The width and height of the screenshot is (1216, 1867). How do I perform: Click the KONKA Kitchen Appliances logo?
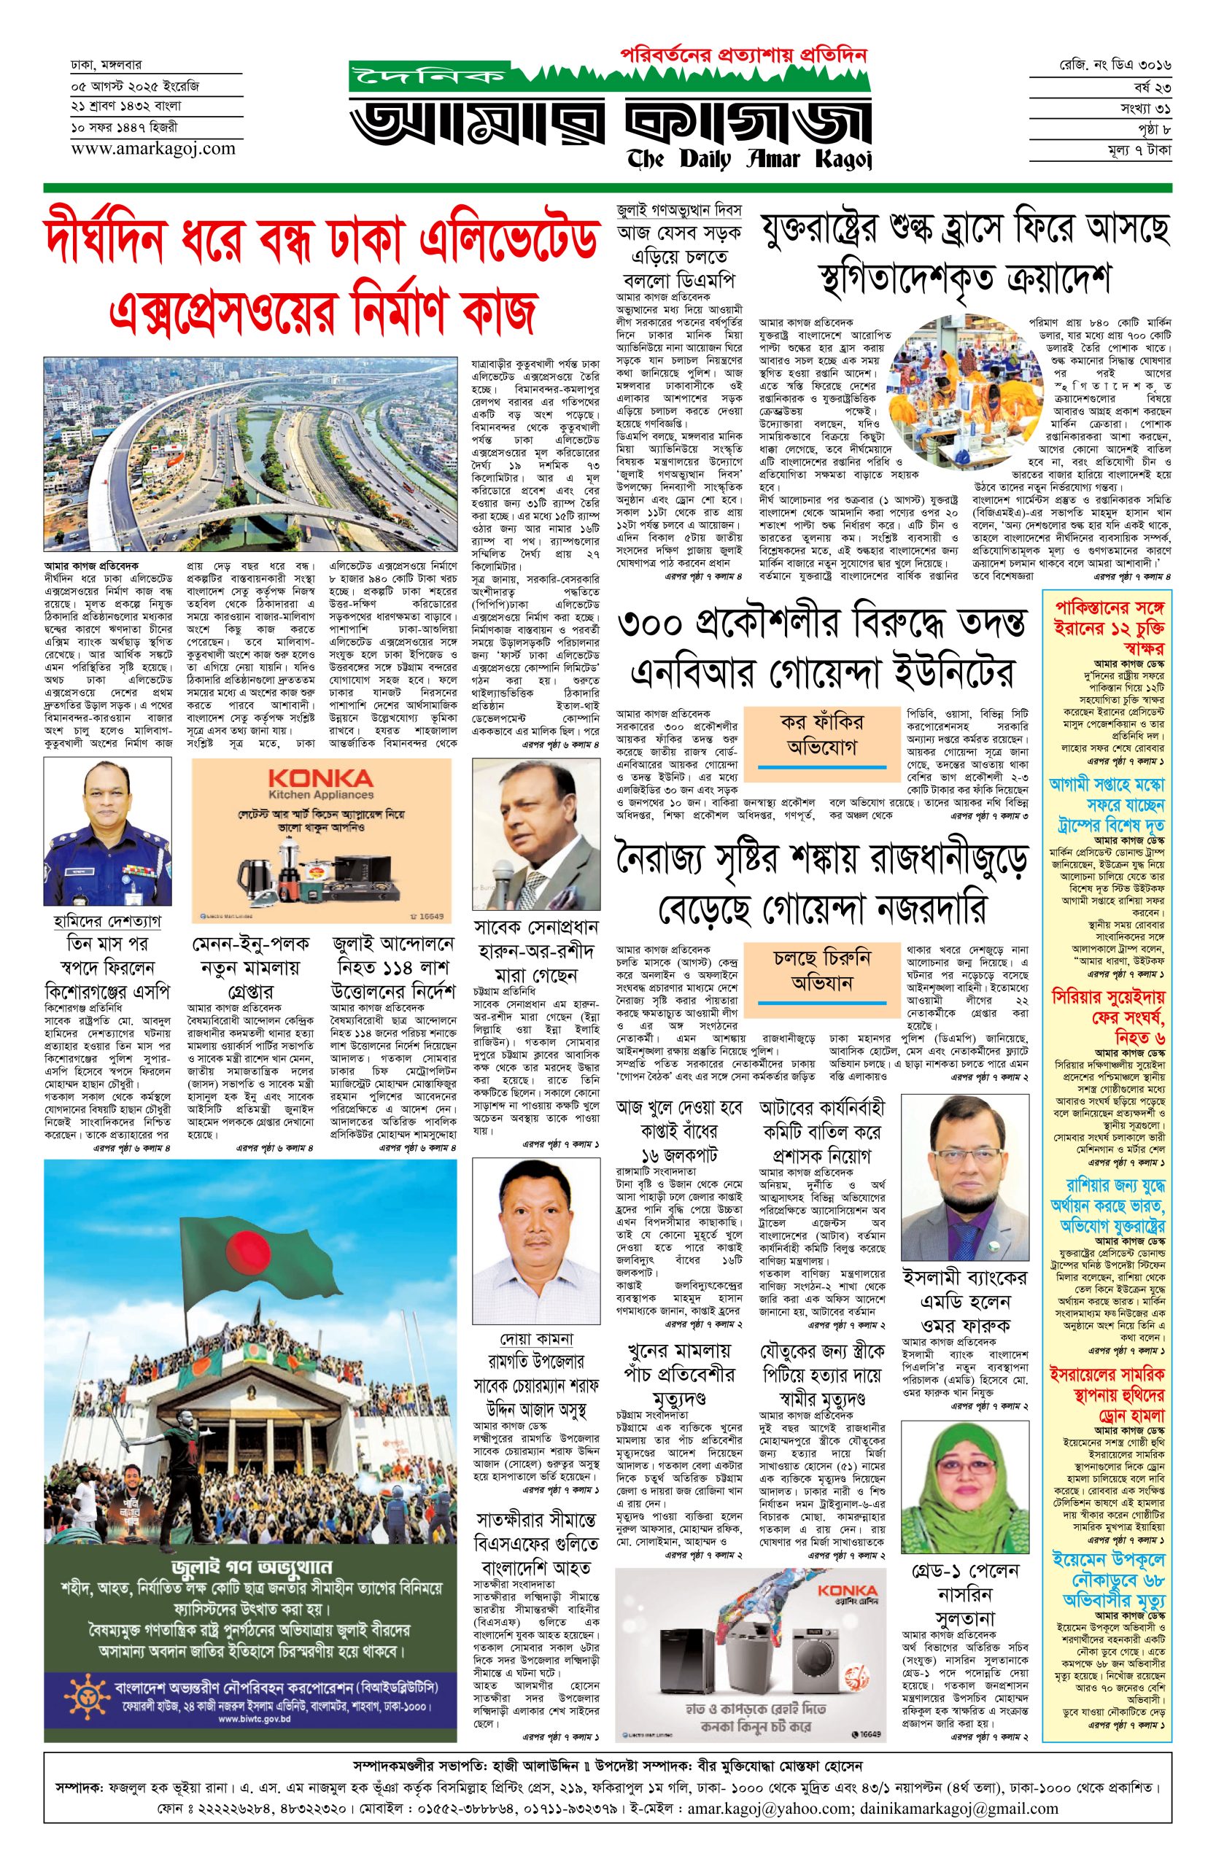pyautogui.click(x=321, y=785)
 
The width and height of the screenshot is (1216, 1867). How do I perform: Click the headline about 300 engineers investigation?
pyautogui.click(x=822, y=647)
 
